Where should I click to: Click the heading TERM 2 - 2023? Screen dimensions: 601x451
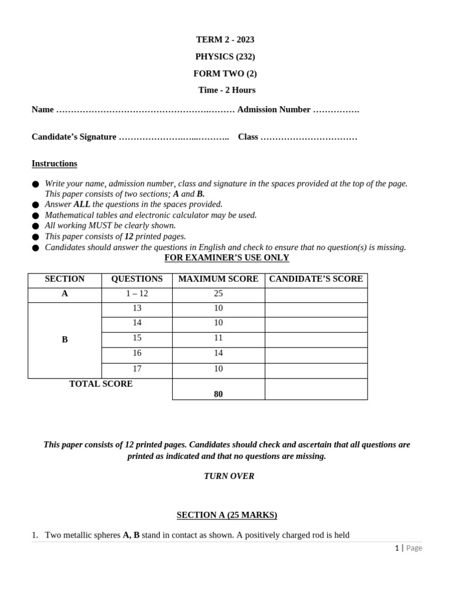click(225, 39)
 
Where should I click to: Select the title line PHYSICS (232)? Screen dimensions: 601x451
click(225, 56)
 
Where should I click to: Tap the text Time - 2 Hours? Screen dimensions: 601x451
click(227, 90)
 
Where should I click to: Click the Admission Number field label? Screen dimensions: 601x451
click(274, 109)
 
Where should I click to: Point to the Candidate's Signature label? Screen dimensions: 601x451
click(74, 137)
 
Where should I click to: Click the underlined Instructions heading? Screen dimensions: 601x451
click(54, 163)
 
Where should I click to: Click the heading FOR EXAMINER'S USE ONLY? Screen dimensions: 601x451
click(227, 258)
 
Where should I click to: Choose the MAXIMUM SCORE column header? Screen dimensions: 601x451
click(218, 279)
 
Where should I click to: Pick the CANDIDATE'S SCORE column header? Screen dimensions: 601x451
click(316, 279)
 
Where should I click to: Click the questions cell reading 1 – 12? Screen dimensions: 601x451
click(137, 293)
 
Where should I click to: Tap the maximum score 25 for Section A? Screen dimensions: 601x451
click(218, 293)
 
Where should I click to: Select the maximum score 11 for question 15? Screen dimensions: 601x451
click(218, 338)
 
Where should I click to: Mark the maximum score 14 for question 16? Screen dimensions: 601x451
click(218, 353)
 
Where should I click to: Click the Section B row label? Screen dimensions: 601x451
click(65, 339)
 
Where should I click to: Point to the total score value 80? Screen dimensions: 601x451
click(218, 394)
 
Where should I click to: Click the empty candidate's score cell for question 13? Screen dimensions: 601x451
click(316, 309)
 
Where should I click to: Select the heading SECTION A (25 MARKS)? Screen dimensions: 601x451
click(227, 515)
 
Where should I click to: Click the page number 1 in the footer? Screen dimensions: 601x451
click(397, 548)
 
